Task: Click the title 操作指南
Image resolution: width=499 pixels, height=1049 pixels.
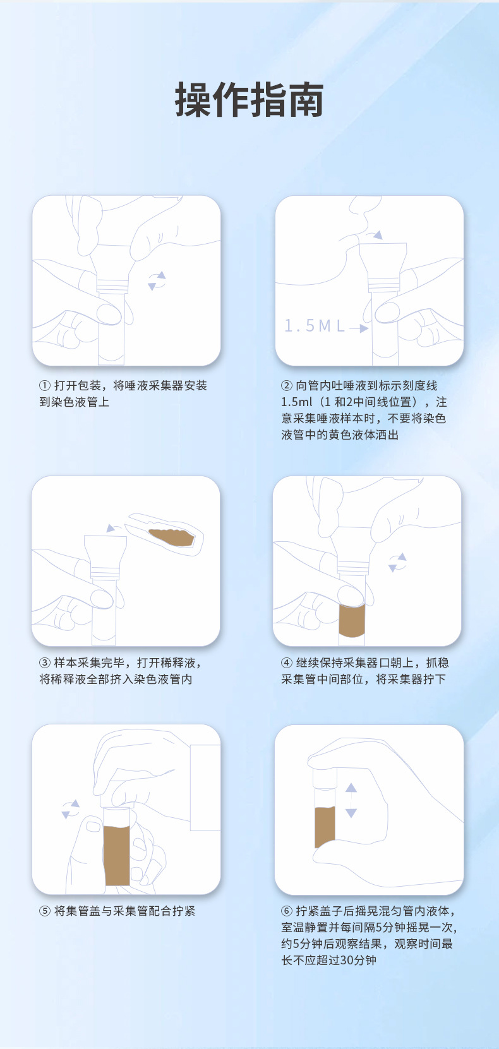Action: click(x=249, y=100)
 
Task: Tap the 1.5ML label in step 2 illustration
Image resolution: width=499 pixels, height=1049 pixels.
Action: click(x=315, y=326)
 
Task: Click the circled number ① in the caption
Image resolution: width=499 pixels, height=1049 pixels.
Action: click(x=45, y=386)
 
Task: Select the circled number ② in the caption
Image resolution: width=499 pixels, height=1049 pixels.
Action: click(x=287, y=386)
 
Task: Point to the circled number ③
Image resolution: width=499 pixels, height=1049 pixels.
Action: click(x=45, y=663)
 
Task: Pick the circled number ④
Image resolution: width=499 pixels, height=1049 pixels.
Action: click(x=287, y=663)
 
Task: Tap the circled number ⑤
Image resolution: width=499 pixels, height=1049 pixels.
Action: click(x=45, y=911)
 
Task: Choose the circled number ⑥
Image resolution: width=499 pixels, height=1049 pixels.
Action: click(x=287, y=911)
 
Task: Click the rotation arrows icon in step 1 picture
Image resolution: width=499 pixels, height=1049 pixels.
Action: click(x=157, y=281)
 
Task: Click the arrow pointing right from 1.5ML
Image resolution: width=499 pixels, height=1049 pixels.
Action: click(x=359, y=328)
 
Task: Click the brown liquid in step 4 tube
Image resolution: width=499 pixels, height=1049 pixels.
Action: click(x=352, y=620)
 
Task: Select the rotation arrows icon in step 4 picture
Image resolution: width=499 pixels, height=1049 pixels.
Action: click(x=397, y=562)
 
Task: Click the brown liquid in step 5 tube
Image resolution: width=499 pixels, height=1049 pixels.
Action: click(x=117, y=855)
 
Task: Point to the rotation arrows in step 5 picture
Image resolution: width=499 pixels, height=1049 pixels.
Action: click(x=71, y=809)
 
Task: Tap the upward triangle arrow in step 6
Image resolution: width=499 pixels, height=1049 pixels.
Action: click(x=351, y=788)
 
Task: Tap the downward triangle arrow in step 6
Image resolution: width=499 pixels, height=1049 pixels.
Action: click(x=351, y=813)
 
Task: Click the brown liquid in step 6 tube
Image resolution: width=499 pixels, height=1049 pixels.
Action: click(x=325, y=825)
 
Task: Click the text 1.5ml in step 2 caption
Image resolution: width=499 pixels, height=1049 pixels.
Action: click(x=297, y=402)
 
